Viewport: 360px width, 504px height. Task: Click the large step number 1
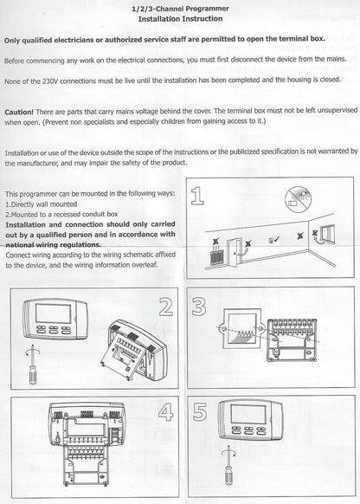click(x=198, y=198)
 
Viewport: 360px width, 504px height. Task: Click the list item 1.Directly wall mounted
click(x=43, y=202)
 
